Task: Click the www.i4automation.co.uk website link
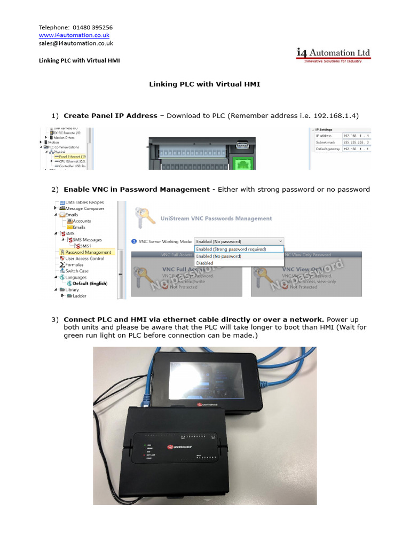click(x=74, y=35)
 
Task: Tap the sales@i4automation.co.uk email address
click(x=75, y=43)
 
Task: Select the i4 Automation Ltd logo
click(x=333, y=55)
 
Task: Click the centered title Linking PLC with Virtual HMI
click(x=204, y=84)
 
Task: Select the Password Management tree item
click(x=88, y=252)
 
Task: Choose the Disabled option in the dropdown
click(x=205, y=263)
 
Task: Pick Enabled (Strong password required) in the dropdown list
click(x=231, y=249)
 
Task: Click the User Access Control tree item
click(x=85, y=259)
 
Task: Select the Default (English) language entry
click(x=87, y=283)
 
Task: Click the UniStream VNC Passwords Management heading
click(x=216, y=218)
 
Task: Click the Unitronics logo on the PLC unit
click(x=183, y=446)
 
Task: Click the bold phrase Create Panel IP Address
click(x=111, y=115)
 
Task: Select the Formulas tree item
click(x=74, y=264)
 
